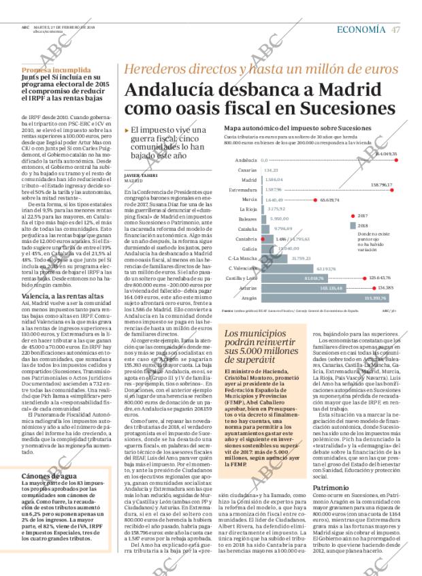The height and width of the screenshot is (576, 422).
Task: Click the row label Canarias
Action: click(247, 170)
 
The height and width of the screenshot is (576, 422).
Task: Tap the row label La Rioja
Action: click(248, 209)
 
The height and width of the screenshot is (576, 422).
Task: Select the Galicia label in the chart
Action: click(249, 249)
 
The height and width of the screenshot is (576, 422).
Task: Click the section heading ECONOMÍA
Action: click(363, 29)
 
